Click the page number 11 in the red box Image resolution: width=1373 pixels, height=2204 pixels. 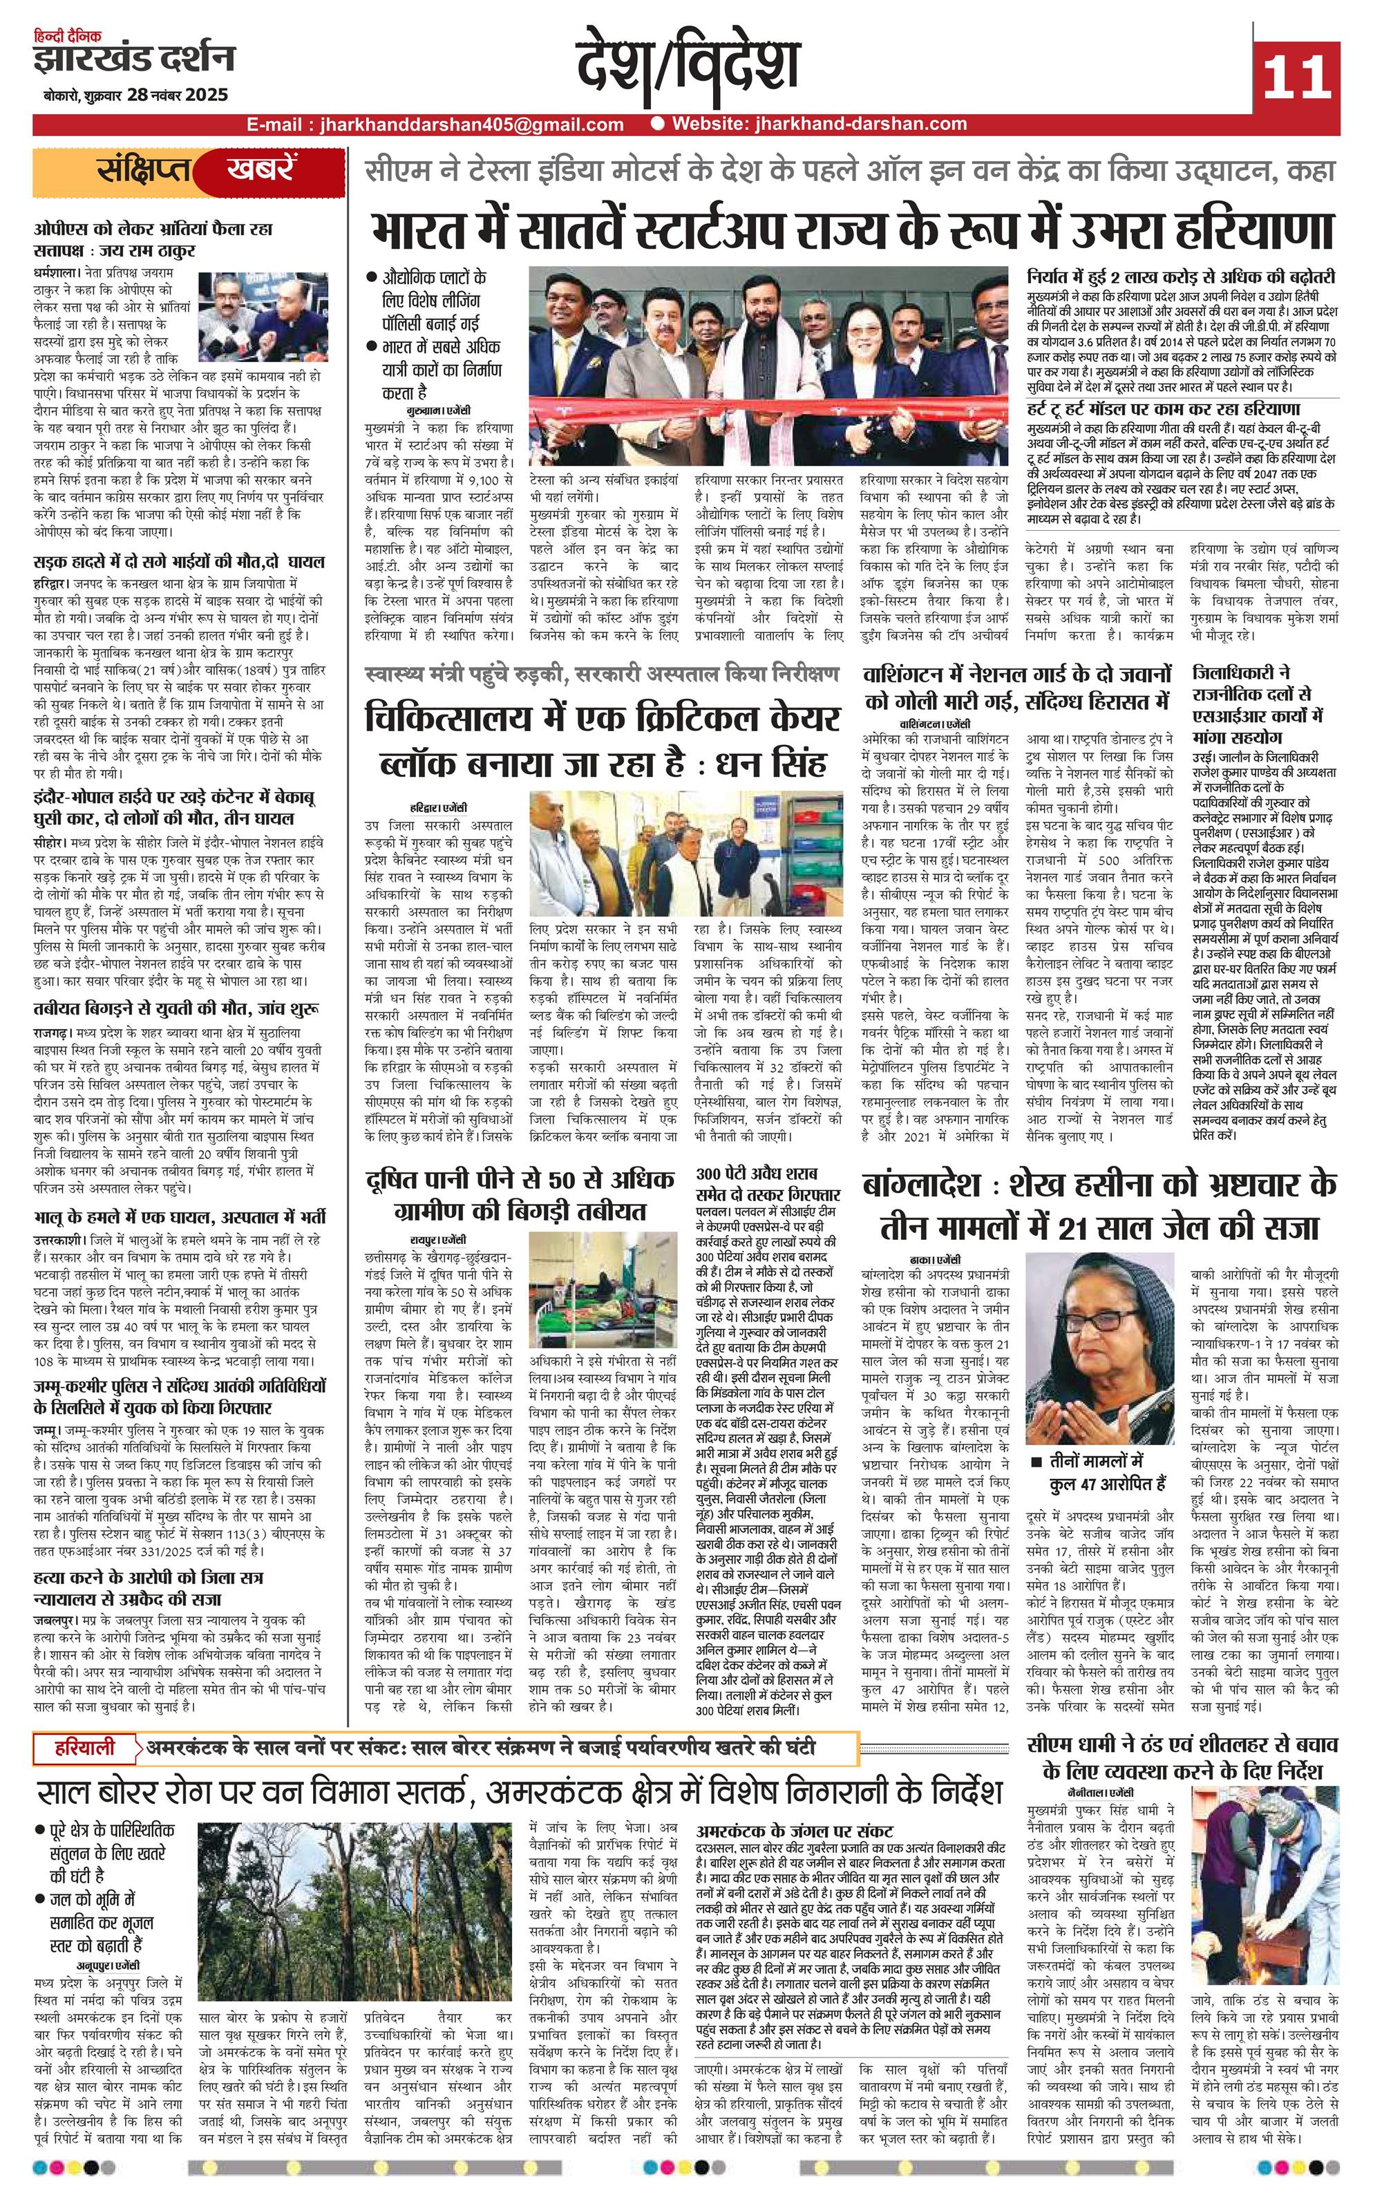1295,76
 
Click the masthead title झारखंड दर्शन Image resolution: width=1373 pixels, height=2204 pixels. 134,60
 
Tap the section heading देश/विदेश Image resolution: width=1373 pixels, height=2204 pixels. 688,67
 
